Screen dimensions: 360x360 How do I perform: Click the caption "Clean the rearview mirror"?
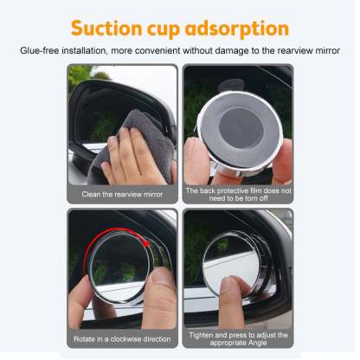coord(122,194)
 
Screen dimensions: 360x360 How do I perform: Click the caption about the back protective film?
coord(237,193)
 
